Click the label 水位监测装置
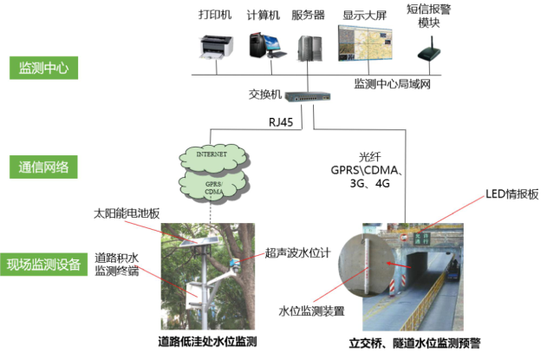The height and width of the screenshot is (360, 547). (x=309, y=310)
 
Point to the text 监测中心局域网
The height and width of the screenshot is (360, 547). (x=394, y=85)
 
